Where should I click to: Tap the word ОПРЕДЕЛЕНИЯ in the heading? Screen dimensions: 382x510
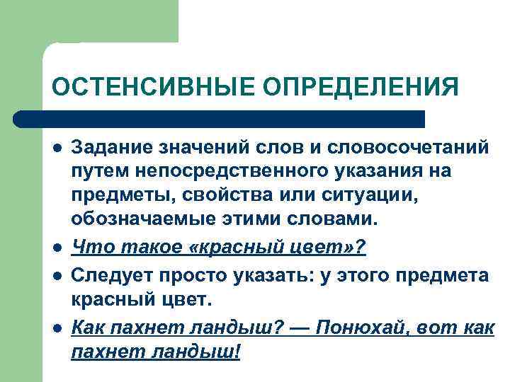tap(361, 88)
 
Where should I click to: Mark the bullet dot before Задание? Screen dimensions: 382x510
tap(56, 148)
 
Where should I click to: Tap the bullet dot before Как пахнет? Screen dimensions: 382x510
tap(56, 329)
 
